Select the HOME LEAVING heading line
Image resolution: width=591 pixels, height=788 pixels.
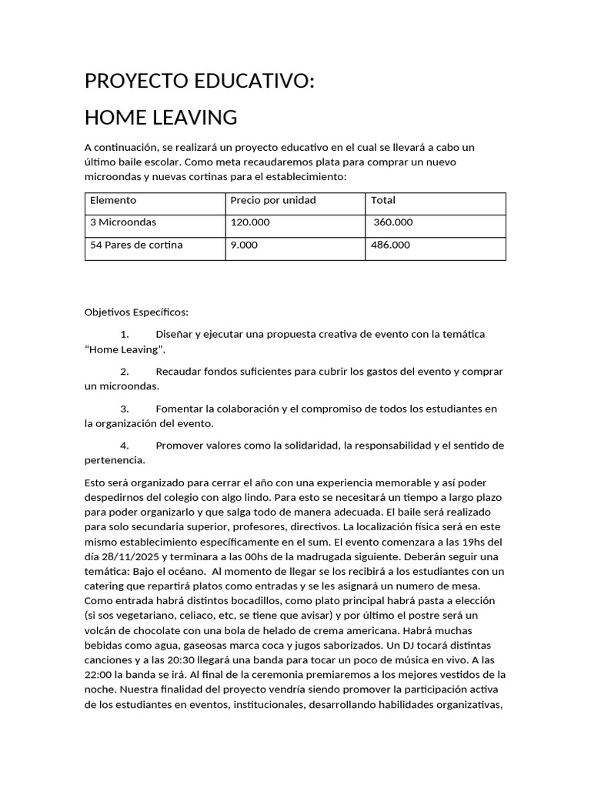[160, 118]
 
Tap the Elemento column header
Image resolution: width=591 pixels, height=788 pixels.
[113, 200]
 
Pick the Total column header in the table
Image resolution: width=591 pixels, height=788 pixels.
[383, 200]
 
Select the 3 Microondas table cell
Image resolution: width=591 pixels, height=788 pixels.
[123, 222]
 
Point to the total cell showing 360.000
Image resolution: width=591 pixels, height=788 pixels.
[393, 222]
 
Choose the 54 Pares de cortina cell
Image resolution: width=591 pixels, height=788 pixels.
[136, 245]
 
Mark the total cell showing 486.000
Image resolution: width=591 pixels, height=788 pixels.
[391, 245]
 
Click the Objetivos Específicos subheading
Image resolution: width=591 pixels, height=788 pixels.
[136, 312]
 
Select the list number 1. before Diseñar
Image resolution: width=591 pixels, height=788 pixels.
[125, 334]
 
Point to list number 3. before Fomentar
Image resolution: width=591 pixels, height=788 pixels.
[125, 408]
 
